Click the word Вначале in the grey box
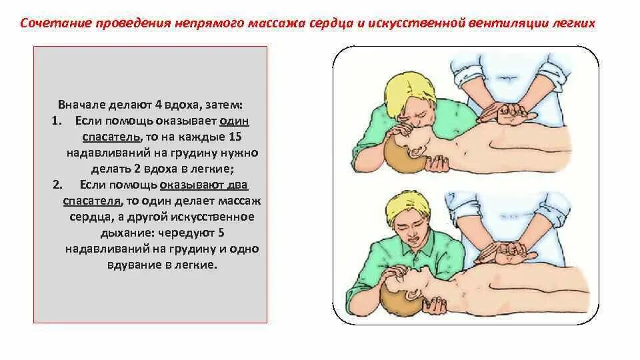80,105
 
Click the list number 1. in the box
55,121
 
